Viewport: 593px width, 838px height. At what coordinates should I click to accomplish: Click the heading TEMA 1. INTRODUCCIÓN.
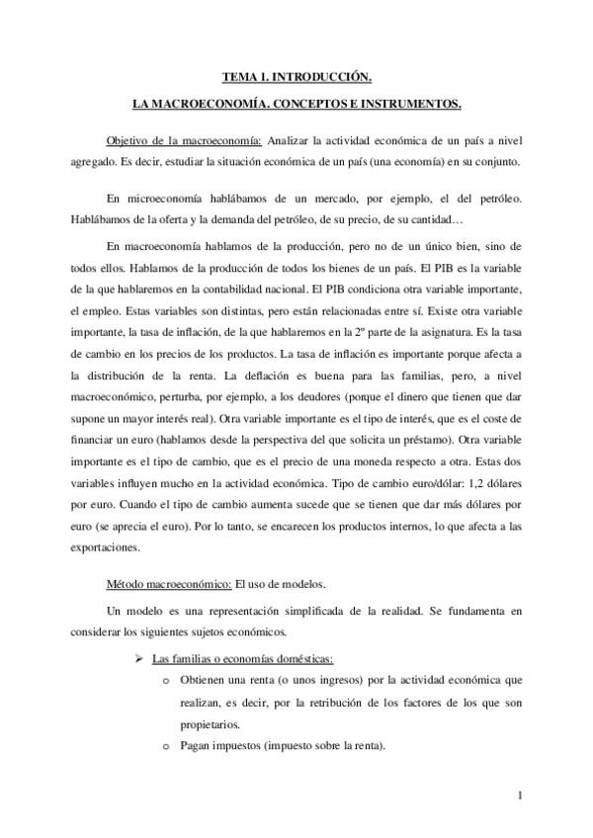point(296,76)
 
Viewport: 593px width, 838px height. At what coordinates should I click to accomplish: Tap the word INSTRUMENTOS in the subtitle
point(406,103)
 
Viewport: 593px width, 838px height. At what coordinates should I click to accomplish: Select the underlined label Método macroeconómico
point(168,584)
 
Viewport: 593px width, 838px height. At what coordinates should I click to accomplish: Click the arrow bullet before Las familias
point(139,660)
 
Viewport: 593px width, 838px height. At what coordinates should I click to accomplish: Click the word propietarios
point(211,724)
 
